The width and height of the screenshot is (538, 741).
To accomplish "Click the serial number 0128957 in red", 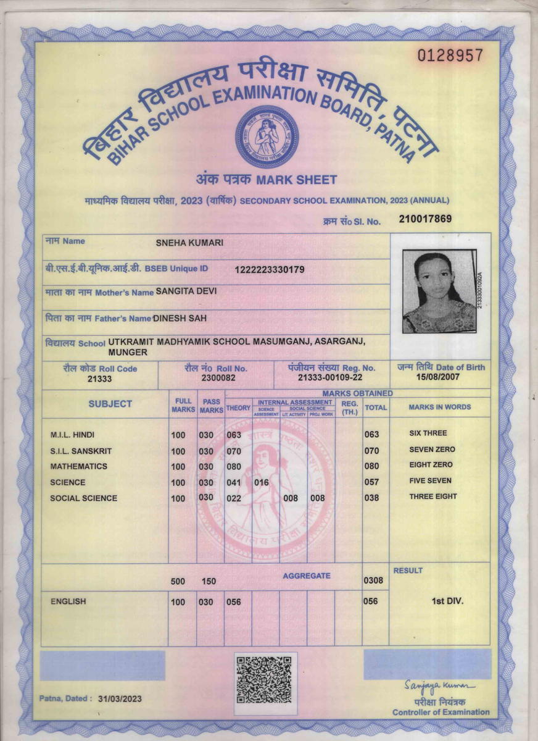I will click(x=450, y=56).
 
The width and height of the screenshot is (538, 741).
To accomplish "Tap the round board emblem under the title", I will click(x=267, y=136).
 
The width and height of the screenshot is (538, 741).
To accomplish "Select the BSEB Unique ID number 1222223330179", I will click(x=270, y=269).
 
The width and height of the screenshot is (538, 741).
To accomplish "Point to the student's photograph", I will click(x=439, y=291).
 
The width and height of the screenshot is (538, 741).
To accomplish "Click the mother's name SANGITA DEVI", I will click(x=186, y=291).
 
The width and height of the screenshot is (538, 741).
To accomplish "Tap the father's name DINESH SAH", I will click(x=180, y=318).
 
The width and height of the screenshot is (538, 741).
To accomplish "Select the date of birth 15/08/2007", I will click(x=438, y=377).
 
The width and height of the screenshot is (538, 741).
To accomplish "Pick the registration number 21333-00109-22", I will click(x=330, y=377).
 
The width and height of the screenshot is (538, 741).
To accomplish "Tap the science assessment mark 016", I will click(x=262, y=483).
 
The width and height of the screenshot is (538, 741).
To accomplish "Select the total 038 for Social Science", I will click(x=371, y=498).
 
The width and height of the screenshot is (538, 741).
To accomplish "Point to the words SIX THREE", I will click(x=428, y=433).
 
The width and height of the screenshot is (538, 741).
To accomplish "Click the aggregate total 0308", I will click(x=373, y=580).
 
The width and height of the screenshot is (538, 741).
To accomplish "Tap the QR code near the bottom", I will click(x=264, y=680).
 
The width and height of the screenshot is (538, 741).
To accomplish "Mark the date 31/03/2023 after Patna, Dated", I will click(x=119, y=698).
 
